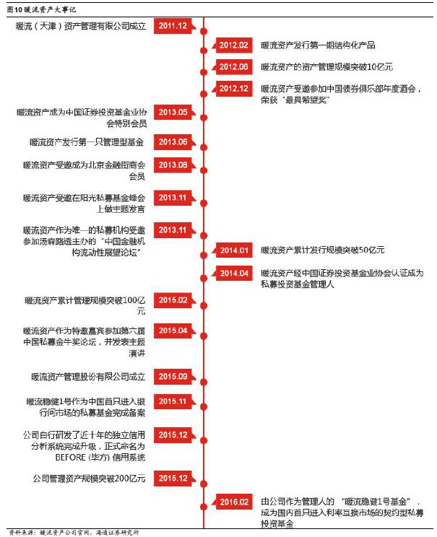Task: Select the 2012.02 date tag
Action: coord(234,45)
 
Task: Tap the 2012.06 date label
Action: coord(234,66)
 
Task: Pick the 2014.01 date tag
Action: coord(234,250)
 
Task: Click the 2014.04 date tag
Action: coord(234,274)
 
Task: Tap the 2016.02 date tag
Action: coord(234,502)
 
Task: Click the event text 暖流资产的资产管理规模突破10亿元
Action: coord(326,66)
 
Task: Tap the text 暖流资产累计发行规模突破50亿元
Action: coord(322,250)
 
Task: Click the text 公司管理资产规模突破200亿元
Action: coord(90,478)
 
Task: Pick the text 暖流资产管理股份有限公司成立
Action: coord(88,376)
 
